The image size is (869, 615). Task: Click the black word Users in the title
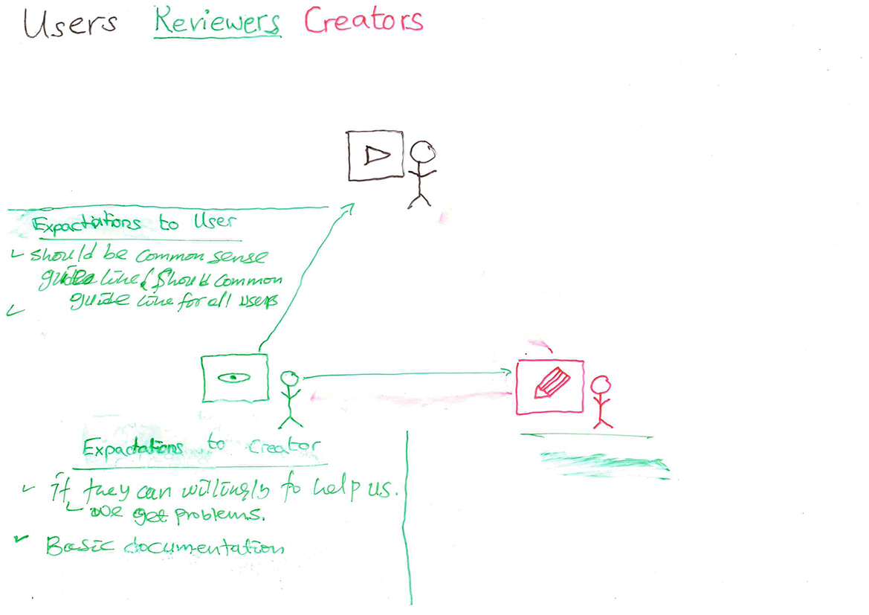(70, 23)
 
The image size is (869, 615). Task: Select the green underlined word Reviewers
(216, 22)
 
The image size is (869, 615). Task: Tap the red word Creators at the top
(363, 20)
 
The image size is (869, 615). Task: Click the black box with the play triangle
(375, 155)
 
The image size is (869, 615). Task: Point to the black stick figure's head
(424, 153)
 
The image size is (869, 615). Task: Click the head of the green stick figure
(289, 379)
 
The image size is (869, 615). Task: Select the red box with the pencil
(549, 387)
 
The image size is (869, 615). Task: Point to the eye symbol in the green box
(233, 378)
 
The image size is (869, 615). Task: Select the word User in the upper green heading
(216, 222)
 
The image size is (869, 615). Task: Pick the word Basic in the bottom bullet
(71, 547)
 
